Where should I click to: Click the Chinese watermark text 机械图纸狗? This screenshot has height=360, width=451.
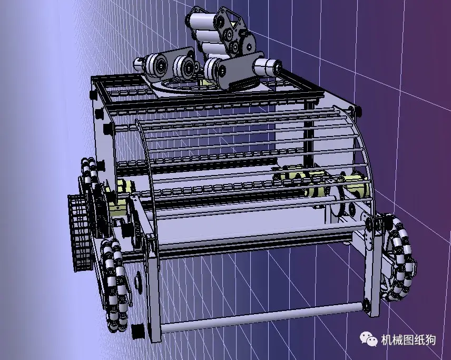408,340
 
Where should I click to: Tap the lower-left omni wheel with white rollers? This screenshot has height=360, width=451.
114,285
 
